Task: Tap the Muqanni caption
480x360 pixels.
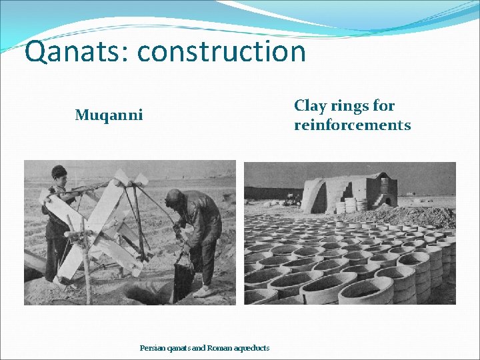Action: pyautogui.click(x=109, y=115)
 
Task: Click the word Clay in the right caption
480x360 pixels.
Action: pyautogui.click(x=309, y=106)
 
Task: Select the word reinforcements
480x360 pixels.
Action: pyautogui.click(x=352, y=125)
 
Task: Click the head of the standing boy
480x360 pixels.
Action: pyautogui.click(x=59, y=174)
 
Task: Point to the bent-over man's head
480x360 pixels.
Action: pyautogui.click(x=175, y=199)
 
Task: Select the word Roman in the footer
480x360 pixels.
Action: pyautogui.click(x=219, y=348)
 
